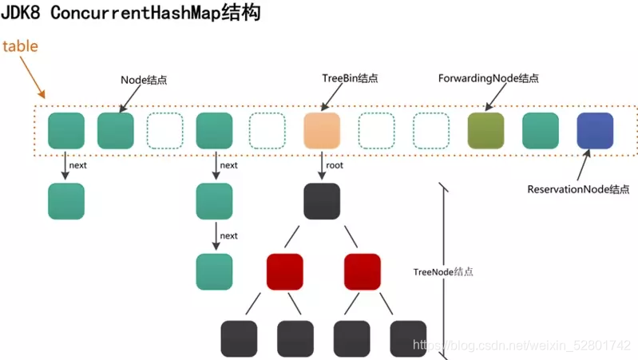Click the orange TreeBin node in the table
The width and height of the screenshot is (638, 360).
(323, 131)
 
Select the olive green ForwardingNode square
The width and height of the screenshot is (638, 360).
(485, 131)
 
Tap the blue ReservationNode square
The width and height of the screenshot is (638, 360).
(595, 131)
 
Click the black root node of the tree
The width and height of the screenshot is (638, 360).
(323, 201)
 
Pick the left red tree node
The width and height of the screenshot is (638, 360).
(285, 271)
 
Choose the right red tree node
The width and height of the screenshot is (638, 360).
(363, 271)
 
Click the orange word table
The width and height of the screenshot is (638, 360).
(20, 45)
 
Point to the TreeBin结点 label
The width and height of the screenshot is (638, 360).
(349, 78)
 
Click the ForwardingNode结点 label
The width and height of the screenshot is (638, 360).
(489, 78)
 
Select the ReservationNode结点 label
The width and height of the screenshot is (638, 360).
(578, 189)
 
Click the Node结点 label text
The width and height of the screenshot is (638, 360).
(145, 80)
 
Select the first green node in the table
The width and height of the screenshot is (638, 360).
(66, 131)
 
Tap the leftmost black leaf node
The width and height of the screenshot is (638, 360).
(239, 338)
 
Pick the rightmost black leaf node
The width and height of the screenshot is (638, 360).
(408, 338)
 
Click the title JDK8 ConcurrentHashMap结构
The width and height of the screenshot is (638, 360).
(131, 14)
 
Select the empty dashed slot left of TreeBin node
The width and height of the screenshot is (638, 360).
(267, 131)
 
